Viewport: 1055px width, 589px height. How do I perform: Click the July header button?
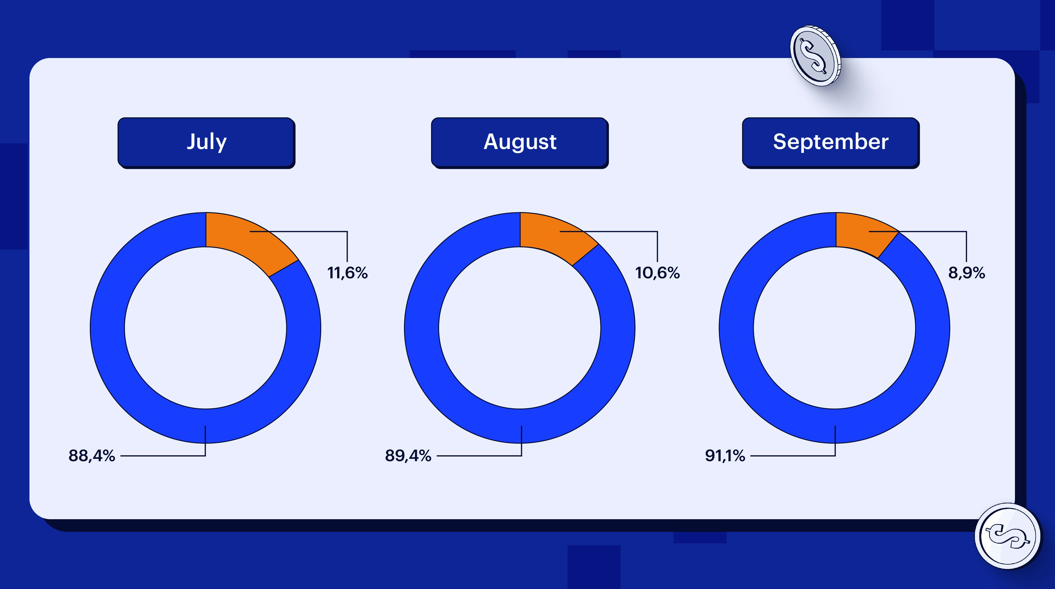coord(206,142)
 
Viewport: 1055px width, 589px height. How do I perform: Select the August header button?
coord(519,142)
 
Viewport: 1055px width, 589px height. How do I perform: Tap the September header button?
coord(831,142)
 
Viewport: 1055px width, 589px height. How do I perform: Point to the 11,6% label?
coord(347,273)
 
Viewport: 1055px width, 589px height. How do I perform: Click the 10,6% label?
coord(657,273)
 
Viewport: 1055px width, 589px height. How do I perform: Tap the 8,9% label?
coord(967,273)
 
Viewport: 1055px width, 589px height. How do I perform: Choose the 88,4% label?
coord(92,456)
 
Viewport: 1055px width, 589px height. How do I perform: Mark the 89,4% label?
coord(408,456)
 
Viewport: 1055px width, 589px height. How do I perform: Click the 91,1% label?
coord(725,456)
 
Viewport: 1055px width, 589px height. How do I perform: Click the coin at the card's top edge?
coord(815,56)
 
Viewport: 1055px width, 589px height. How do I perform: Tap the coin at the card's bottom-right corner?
coord(1008,536)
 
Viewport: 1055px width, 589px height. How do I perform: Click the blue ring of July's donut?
coord(107,328)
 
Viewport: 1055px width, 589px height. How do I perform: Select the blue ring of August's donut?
coord(422,328)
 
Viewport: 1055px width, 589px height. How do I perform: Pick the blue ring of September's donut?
coord(736,328)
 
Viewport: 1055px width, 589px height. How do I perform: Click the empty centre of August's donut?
coord(519,328)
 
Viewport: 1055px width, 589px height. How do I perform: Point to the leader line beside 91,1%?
coord(790,456)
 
